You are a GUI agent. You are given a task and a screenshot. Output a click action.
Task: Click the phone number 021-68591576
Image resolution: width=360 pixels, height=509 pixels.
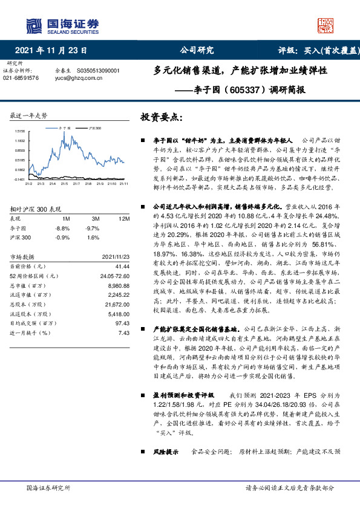tap(21, 79)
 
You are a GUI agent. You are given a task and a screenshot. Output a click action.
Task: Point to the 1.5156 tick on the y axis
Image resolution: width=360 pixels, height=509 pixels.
tap(19, 131)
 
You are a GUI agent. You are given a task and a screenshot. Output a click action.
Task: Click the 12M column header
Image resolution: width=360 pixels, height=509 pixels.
tap(125, 218)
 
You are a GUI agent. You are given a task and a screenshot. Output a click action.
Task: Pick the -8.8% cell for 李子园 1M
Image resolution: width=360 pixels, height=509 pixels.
tap(62, 228)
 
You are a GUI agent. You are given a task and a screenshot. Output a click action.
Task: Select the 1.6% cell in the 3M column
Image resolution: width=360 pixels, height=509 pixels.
tap(93, 238)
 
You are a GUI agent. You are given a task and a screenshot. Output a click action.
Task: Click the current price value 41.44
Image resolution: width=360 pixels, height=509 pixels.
tap(123, 266)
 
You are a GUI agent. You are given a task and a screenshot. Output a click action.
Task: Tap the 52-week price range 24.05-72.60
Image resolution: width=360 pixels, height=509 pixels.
tap(114, 276)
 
